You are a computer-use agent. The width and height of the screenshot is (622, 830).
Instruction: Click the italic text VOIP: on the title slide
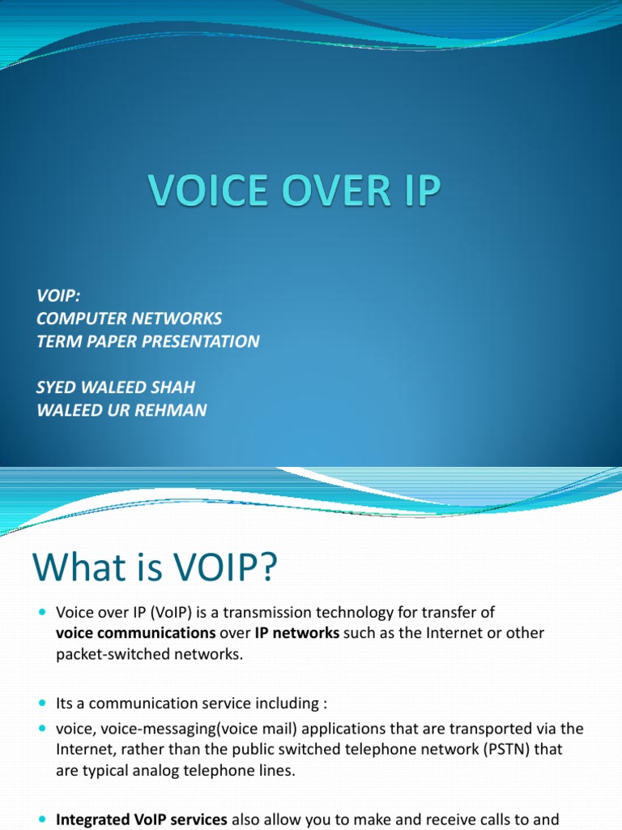58,295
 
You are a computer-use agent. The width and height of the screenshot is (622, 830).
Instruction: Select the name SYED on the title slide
56,387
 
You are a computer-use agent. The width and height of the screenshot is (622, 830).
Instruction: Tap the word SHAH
173,387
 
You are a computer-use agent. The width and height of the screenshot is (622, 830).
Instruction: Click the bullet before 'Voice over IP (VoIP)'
43,613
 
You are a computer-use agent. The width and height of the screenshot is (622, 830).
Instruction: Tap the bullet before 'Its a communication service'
43,704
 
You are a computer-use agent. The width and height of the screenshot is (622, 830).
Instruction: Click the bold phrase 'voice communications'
136,633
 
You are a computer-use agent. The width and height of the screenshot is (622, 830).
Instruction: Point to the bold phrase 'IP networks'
296,633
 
